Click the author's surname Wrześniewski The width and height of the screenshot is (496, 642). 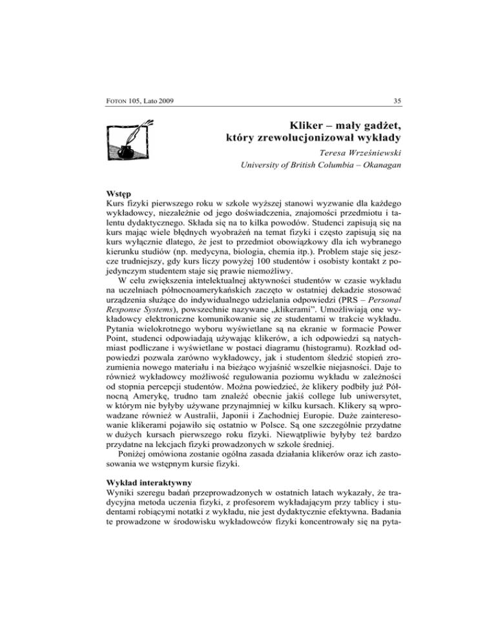point(368,155)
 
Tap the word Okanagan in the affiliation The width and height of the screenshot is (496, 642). point(371,169)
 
